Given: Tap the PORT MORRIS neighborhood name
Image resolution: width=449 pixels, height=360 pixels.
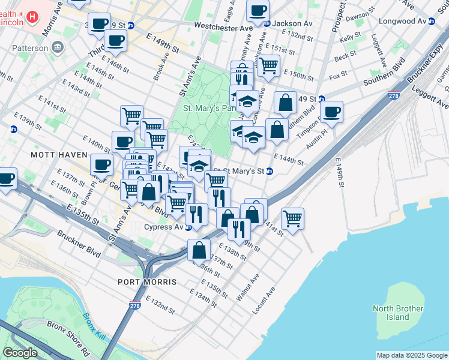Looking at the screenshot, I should tap(147, 282).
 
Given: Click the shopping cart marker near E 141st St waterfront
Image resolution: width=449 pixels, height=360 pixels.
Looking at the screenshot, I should tap(292, 218).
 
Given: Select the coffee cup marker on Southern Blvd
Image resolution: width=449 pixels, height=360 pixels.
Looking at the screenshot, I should tap(331, 111).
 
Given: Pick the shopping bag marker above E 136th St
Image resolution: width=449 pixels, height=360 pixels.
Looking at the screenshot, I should tap(199, 249).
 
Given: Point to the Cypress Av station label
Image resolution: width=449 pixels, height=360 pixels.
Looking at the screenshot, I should tap(163, 227).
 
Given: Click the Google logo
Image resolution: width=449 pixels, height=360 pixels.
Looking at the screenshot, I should tap(20, 353).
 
